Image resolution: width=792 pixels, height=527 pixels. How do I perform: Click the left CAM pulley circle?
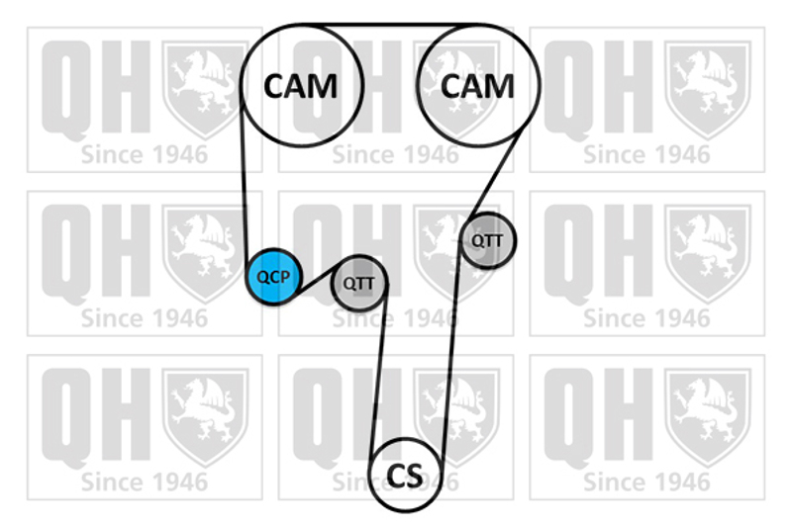(300, 84)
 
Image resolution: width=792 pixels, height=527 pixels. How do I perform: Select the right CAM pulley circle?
(477, 84)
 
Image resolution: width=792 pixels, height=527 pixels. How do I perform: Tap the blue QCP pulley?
(273, 276)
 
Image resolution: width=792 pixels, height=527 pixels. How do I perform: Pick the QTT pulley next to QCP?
(357, 284)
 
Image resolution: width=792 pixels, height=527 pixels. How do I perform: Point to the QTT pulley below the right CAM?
(487, 239)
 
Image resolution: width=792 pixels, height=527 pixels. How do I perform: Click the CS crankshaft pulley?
(404, 476)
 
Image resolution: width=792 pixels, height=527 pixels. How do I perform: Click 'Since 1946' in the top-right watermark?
(646, 154)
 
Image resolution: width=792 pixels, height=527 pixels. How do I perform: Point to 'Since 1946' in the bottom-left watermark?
(145, 483)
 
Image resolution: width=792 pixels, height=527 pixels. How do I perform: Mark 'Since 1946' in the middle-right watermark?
(646, 318)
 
